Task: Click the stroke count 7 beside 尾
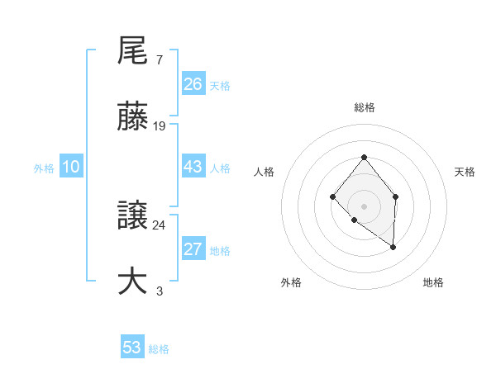tap(159, 60)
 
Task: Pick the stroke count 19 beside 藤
tap(160, 126)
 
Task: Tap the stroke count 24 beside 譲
tap(160, 225)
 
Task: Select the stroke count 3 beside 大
tap(159, 291)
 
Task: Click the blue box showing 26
tap(193, 84)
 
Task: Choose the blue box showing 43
tap(193, 167)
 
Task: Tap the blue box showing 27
tap(193, 249)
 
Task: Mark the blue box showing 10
tap(70, 167)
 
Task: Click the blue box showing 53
tap(132, 348)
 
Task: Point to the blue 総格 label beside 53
tap(159, 349)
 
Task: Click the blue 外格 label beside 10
tap(44, 168)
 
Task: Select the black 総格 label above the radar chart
tap(364, 107)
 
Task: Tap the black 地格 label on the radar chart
tap(433, 282)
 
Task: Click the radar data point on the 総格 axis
tap(364, 157)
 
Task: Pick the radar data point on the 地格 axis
tap(393, 246)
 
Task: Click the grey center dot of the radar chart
tap(364, 206)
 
